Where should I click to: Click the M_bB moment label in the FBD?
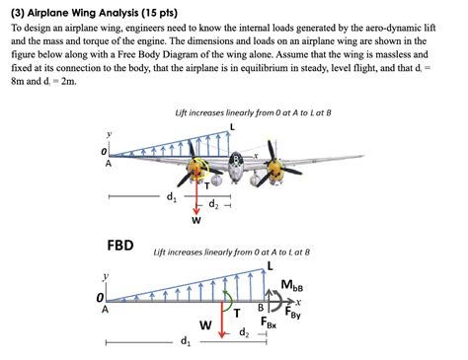292,286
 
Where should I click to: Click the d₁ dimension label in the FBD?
185,341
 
